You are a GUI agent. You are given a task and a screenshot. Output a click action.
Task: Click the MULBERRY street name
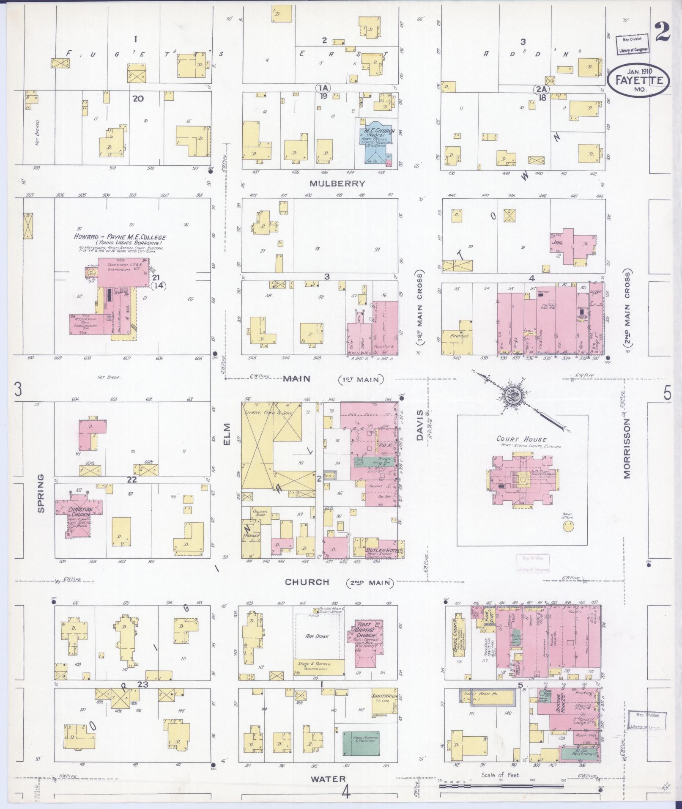[x=337, y=184]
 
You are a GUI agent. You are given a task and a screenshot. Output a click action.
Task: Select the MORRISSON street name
[x=627, y=449]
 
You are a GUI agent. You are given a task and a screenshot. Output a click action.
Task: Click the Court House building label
[x=521, y=439]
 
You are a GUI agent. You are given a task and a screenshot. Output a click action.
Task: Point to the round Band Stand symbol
[x=569, y=527]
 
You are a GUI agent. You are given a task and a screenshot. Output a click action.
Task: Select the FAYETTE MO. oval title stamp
[x=638, y=80]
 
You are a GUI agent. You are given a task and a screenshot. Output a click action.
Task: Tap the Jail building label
[x=556, y=243]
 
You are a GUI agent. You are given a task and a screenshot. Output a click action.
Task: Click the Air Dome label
[x=317, y=636]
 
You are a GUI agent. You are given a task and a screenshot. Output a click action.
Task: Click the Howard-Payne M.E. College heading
[x=120, y=238]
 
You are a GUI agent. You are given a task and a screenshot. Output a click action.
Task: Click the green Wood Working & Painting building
[x=361, y=743]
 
